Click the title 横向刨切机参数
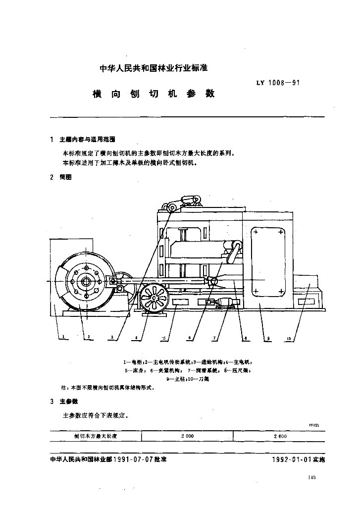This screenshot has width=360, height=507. [x=154, y=93]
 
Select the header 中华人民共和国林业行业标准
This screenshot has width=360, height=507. [x=156, y=69]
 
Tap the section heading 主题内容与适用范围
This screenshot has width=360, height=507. [x=87, y=140]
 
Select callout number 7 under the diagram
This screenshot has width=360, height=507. [x=214, y=338]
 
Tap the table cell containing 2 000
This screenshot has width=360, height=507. [x=187, y=436]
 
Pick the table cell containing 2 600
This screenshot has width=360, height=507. [x=280, y=436]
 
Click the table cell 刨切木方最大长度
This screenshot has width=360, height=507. [x=95, y=436]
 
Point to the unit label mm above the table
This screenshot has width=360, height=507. [x=313, y=425]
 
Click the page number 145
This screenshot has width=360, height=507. [x=311, y=477]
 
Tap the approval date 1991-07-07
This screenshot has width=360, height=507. [x=133, y=459]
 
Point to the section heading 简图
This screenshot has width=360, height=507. [x=65, y=177]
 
